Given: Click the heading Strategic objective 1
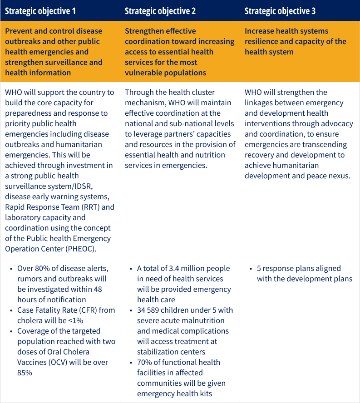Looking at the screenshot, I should (x=40, y=11).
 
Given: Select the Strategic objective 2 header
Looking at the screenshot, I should (x=160, y=11).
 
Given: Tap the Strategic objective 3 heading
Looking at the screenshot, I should (x=280, y=11).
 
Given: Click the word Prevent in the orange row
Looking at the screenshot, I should (x=19, y=31).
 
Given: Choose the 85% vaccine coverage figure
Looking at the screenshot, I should (x=25, y=373).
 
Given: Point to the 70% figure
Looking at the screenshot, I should (x=145, y=362).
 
